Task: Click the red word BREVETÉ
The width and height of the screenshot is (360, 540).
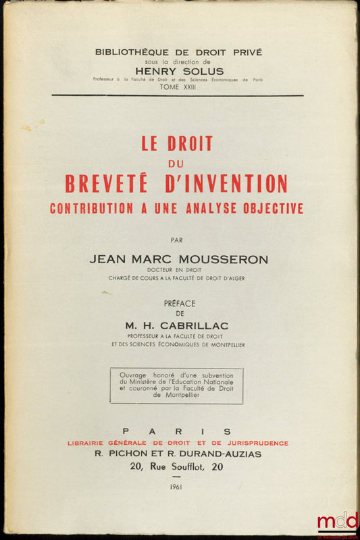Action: click(111, 184)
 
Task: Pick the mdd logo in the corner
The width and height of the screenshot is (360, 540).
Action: click(337, 522)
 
